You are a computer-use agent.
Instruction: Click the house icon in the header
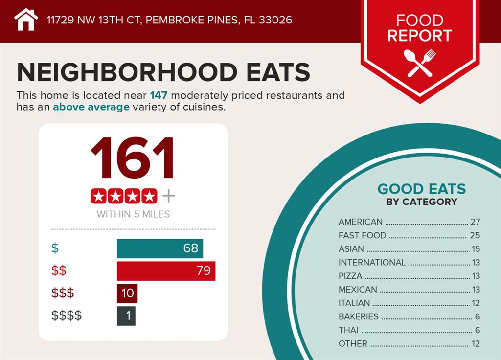[x=26, y=20]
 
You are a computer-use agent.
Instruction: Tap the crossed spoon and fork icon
[x=420, y=63]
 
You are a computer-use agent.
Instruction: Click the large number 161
[x=133, y=157]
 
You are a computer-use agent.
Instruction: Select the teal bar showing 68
[x=159, y=248]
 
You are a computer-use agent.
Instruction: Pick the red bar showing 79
[x=166, y=270]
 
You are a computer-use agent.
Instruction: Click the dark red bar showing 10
[x=127, y=293]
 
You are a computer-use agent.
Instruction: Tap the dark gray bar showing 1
[x=126, y=315]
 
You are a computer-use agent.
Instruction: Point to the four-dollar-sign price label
[x=67, y=315]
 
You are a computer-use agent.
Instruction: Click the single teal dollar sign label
[x=55, y=248]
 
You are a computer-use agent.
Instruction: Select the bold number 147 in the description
[x=159, y=95]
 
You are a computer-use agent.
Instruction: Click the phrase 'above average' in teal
[x=91, y=107]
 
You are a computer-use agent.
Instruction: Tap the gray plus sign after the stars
[x=168, y=196]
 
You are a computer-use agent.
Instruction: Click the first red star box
[x=99, y=196]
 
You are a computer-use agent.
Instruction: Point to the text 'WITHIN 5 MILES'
[x=133, y=214]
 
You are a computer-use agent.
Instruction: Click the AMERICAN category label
[x=361, y=222]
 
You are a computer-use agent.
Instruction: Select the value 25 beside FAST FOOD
[x=475, y=235]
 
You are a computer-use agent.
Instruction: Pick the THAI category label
[x=348, y=330]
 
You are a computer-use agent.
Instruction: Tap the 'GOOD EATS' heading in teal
[x=421, y=189]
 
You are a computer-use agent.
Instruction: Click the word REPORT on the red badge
[x=420, y=36]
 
